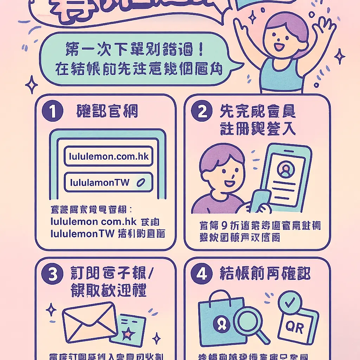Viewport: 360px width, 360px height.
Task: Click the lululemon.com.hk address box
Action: click(108, 156)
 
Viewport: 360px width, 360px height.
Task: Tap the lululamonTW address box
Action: click(108, 182)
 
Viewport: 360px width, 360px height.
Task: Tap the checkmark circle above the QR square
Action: click(290, 303)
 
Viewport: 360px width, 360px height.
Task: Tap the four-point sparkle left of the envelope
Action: click(51, 310)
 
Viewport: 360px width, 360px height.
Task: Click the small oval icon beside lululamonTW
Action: click(141, 182)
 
